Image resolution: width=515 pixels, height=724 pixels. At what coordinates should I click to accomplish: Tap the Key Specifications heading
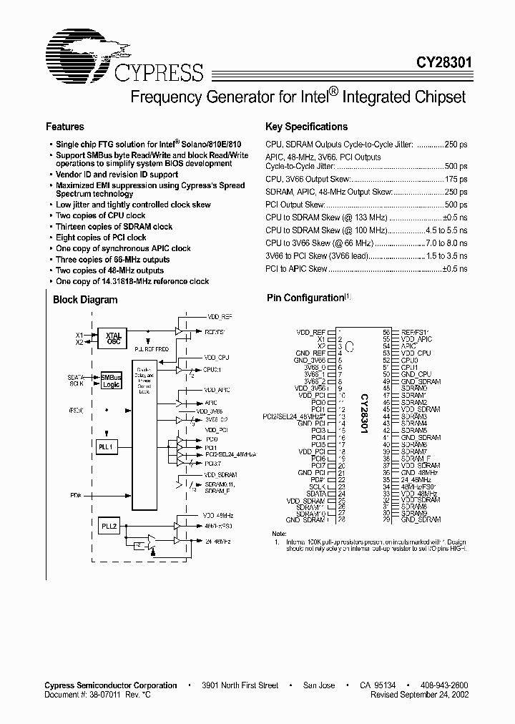[x=306, y=127]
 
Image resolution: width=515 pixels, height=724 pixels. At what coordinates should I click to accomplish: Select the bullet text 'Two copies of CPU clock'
[x=101, y=215]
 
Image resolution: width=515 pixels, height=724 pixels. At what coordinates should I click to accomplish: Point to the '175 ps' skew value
[x=455, y=180]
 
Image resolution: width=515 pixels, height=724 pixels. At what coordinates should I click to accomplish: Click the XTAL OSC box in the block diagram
[x=112, y=338]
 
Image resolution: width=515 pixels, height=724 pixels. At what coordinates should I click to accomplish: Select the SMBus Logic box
[x=111, y=380]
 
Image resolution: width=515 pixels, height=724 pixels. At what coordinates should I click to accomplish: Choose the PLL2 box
[x=109, y=526]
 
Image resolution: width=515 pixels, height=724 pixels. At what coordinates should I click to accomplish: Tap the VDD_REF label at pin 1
[x=311, y=333]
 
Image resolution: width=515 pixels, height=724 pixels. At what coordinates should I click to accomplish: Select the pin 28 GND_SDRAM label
[x=305, y=519]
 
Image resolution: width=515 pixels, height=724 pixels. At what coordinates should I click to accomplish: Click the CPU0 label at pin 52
[x=410, y=360]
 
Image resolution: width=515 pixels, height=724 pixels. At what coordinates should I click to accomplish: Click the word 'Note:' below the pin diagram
[x=279, y=534]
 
